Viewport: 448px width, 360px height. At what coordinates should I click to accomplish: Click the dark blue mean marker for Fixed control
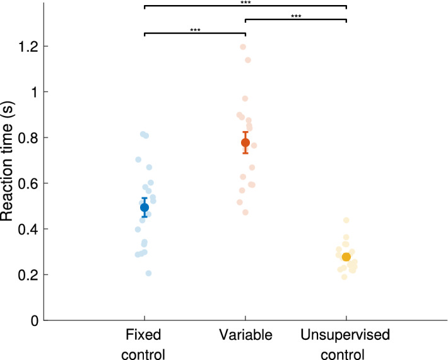pos(144,207)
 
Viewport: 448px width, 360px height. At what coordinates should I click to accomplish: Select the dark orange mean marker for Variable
pos(245,142)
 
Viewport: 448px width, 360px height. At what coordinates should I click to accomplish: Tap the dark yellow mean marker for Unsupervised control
pos(346,257)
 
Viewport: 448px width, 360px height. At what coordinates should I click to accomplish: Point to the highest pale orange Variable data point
pos(243,47)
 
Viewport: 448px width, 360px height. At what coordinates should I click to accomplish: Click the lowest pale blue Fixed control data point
pos(149,273)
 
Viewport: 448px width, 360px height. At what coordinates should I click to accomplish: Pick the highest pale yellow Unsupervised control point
pos(346,220)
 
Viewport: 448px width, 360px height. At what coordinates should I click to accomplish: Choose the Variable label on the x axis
pos(245,335)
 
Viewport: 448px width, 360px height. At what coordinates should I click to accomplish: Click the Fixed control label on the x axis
pos(144,344)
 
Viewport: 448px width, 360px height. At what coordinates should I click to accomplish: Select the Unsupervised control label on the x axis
pos(346,344)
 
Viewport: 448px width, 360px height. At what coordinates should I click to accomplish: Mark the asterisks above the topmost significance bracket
pos(245,3)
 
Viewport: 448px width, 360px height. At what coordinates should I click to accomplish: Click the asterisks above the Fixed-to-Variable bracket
pos(195,30)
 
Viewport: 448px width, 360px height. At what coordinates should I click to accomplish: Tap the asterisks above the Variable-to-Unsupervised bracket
pos(296,16)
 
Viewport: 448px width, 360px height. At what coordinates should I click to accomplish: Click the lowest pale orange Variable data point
pos(245,212)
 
